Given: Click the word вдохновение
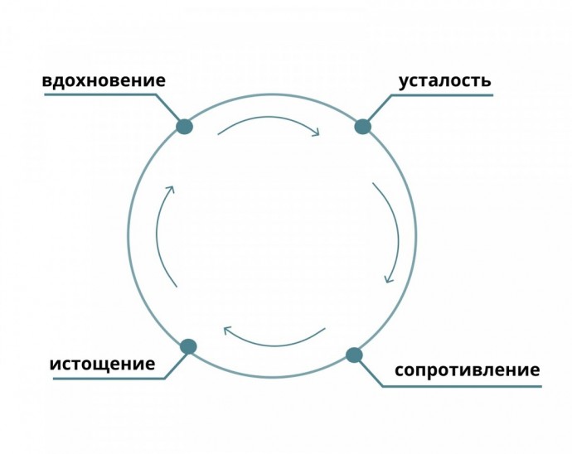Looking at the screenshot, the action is [x=104, y=80].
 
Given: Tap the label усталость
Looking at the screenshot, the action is [x=444, y=81].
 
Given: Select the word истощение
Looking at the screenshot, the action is [x=102, y=364].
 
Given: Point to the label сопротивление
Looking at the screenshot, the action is [x=468, y=370].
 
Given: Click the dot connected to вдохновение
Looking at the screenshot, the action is [x=184, y=127].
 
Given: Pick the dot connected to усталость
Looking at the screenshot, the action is [x=362, y=127].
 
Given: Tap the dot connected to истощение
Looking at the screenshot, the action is [x=189, y=346].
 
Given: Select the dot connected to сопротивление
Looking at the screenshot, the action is [x=354, y=355].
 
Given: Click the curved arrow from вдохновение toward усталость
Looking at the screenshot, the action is [x=269, y=118].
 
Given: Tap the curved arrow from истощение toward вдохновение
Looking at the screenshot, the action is [x=158, y=234].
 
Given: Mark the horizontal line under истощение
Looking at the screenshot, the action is [x=109, y=379].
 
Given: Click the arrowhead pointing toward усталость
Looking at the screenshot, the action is [x=315, y=132].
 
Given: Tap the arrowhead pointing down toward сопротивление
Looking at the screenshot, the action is [x=388, y=278].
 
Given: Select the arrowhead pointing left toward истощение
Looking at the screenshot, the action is [x=228, y=331].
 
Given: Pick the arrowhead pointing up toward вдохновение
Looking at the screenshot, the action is [x=170, y=190].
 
